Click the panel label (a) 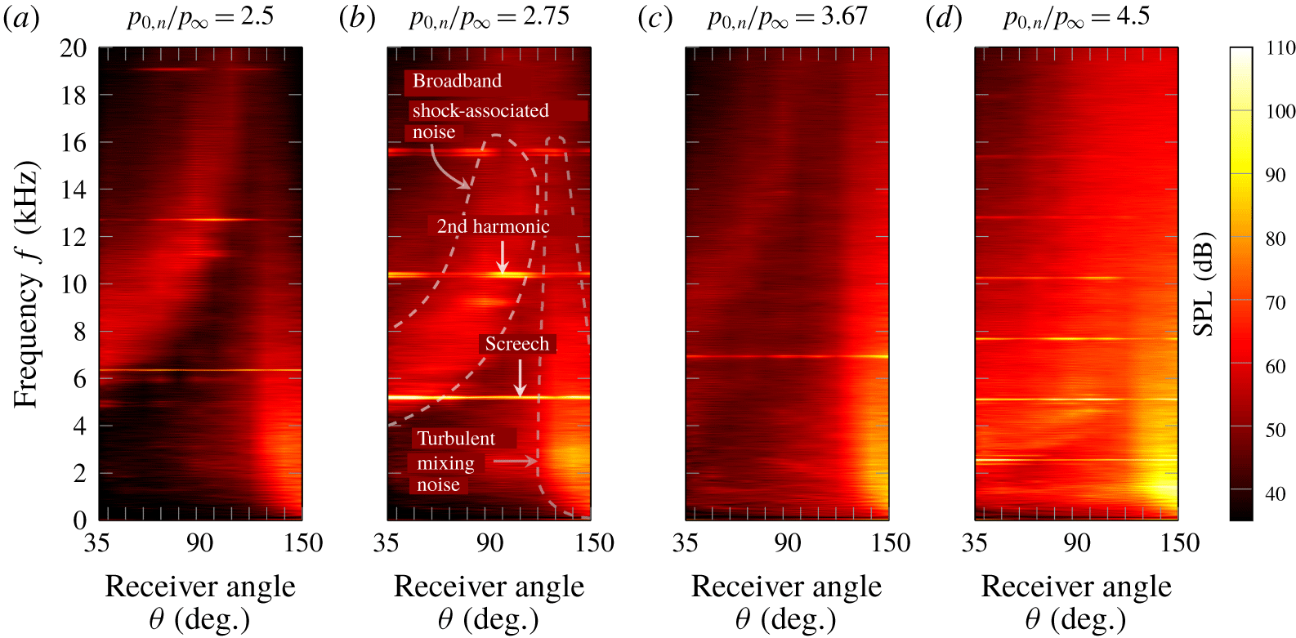coord(21,18)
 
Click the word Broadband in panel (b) coord(457,81)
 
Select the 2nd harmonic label coord(493,226)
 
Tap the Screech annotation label coord(516,344)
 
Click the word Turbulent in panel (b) coord(456,439)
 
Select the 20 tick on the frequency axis coord(74,48)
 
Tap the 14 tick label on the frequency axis coord(74,190)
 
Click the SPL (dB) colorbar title coord(1204,284)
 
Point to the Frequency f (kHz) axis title coord(26,284)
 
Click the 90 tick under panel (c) coord(788,543)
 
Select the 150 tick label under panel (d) coord(1179,543)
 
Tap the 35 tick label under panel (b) coord(387,543)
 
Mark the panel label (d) coord(944,18)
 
